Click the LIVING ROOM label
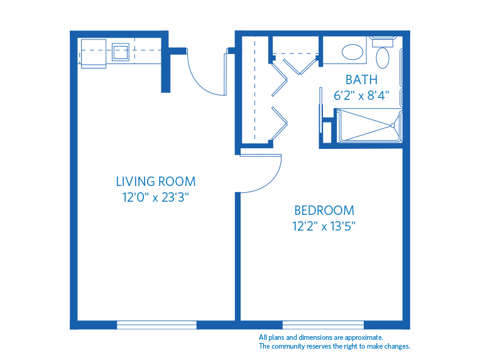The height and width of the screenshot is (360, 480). click(156, 182)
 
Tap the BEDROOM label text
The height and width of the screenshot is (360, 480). click(324, 210)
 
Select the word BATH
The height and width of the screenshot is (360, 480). click(361, 80)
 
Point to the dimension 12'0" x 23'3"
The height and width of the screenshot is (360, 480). click(156, 197)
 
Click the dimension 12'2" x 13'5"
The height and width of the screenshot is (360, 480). click(324, 226)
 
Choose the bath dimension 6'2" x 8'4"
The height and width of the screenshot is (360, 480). click(361, 95)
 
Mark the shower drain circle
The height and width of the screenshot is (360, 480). click(393, 125)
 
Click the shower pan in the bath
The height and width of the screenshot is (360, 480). click(368, 125)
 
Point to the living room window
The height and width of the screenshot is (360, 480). click(156, 325)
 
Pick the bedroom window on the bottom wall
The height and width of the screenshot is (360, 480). click(323, 325)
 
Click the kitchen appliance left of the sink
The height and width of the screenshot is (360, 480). click(93, 53)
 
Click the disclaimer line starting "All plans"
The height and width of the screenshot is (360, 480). click(320, 337)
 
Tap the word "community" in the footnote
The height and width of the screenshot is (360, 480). click(294, 346)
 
